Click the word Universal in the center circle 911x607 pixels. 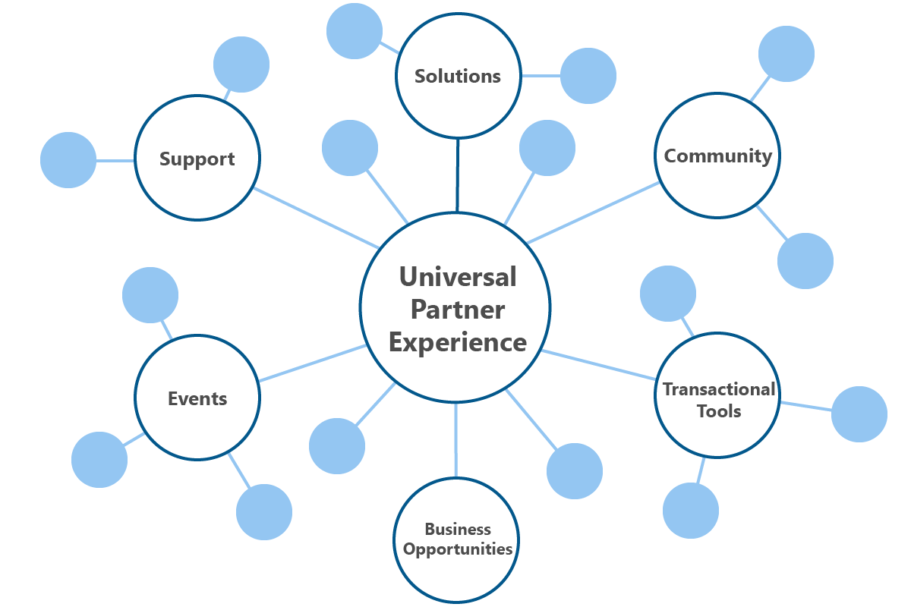coord(457,276)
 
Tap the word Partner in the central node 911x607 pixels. coord(457,310)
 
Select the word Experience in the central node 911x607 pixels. coord(457,342)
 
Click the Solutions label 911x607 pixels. coord(458,76)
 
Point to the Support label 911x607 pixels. coord(197,159)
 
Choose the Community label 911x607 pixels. coord(717,156)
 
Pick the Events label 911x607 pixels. coord(197,398)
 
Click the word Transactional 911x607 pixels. coord(718,389)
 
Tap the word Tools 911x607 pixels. coord(718,411)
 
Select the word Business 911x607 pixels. coord(458,529)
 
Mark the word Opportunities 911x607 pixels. coord(458,549)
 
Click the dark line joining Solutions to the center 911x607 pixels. coord(458,175)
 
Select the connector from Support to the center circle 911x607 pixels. coord(317,218)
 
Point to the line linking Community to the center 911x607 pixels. coord(592,212)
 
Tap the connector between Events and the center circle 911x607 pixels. coord(311,363)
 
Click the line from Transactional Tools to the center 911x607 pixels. coord(600,364)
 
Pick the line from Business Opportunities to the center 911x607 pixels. coord(456,440)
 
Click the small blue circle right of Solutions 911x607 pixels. coord(588,76)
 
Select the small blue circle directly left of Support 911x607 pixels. coord(68,160)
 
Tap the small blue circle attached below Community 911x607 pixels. coord(805,261)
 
